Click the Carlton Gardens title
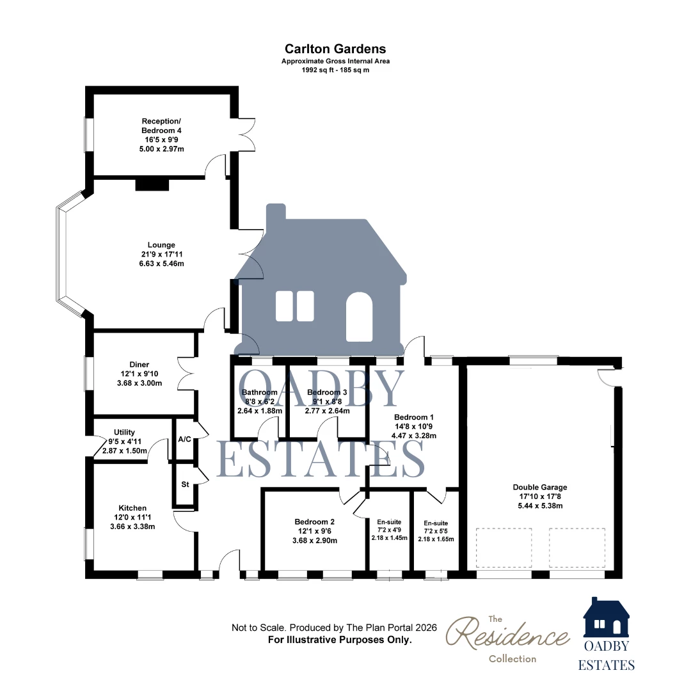coord(335,49)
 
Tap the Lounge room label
coord(161,245)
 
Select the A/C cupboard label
coord(185,440)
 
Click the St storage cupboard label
coord(185,484)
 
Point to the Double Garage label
coord(540,487)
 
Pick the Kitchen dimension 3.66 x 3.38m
coord(132,527)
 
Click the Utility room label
coord(124,433)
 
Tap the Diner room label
coord(139,365)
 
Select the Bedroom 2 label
coord(315,522)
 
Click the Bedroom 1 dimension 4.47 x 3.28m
coord(414,436)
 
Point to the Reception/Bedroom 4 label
coord(161,125)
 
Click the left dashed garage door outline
coord(504,548)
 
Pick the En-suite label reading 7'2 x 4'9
coord(390,530)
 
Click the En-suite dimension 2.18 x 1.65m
coord(436,539)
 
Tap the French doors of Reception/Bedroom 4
coord(246,135)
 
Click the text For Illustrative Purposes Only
coord(340,640)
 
